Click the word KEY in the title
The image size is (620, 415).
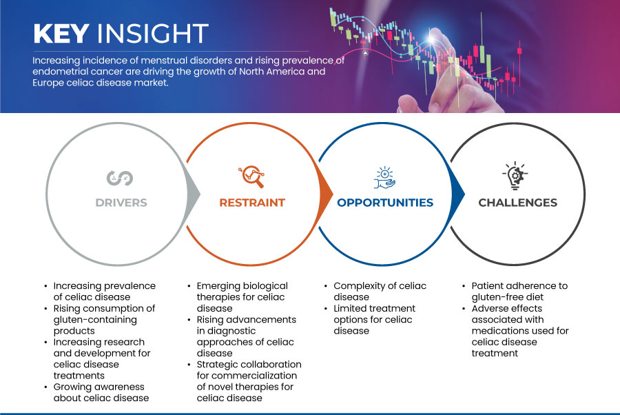tap(61, 33)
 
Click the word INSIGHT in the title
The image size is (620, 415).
tap(153, 33)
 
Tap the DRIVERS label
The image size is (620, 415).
tap(121, 203)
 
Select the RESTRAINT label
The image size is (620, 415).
tap(252, 203)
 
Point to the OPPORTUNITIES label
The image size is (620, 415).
tap(385, 203)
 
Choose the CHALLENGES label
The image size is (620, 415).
tap(517, 203)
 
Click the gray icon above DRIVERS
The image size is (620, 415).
tap(120, 178)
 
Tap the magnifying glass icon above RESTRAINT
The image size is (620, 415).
tap(251, 176)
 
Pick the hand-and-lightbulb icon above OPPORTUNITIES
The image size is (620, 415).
tap(384, 177)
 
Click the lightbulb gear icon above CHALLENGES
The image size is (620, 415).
tap(515, 175)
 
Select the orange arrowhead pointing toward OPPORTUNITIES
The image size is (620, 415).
tap(326, 194)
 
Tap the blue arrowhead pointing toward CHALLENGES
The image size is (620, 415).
tap(458, 194)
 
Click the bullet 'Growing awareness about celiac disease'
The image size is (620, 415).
tap(101, 392)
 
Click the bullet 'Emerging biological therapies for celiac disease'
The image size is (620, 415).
tap(242, 296)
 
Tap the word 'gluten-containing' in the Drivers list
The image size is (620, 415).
tap(95, 320)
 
